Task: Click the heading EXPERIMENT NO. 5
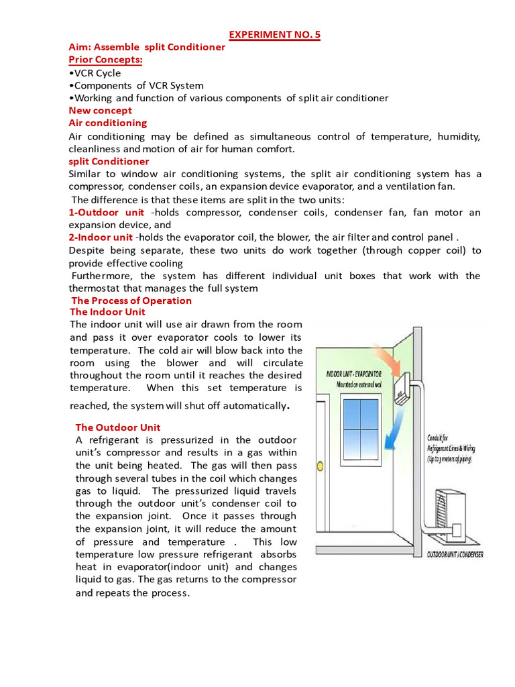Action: point(276,35)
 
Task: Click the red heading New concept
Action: point(101,110)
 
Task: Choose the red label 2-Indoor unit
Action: point(101,237)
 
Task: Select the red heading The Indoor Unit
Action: point(107,312)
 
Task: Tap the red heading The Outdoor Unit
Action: point(118,427)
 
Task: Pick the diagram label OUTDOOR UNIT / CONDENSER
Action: point(455,554)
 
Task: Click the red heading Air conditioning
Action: point(108,123)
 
